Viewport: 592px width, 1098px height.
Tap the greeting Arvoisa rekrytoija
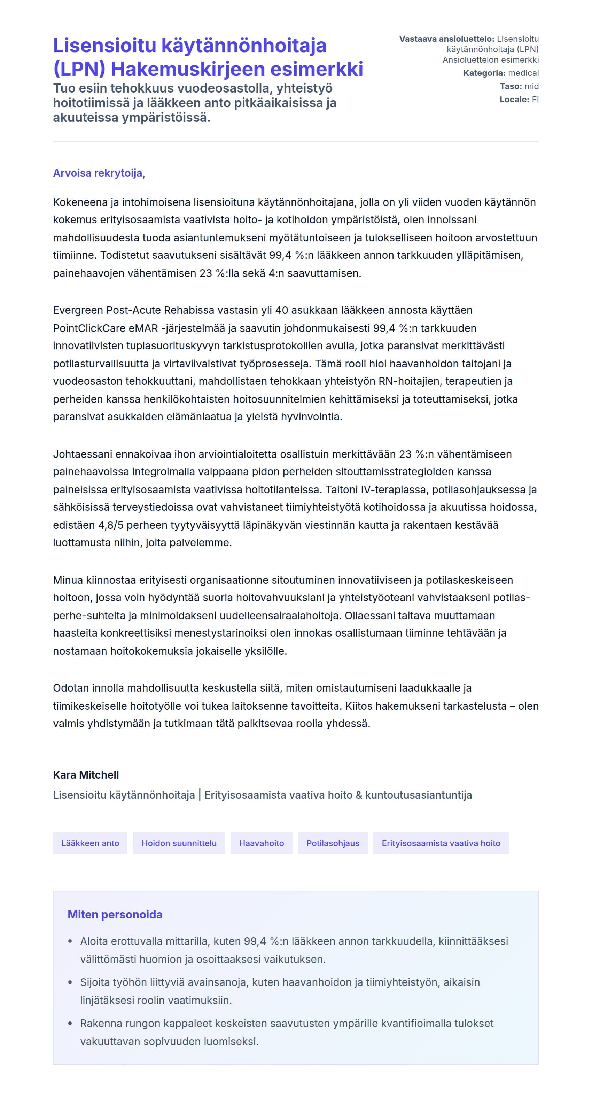click(x=99, y=173)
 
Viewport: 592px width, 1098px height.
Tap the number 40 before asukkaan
click(x=281, y=310)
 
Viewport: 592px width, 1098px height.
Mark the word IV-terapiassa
click(x=395, y=490)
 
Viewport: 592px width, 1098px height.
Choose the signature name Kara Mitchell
click(x=86, y=775)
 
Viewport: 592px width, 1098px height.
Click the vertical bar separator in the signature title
click(x=200, y=795)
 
